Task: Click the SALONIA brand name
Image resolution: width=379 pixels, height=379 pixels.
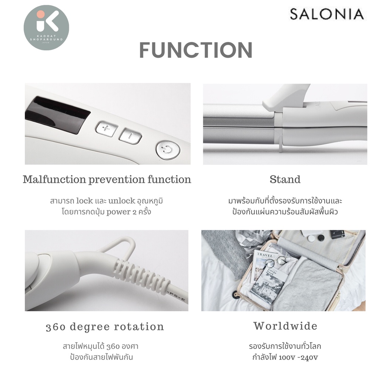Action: (327, 14)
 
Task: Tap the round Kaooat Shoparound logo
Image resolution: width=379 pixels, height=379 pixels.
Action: (46, 27)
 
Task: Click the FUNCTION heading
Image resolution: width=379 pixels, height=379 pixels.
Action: (196, 50)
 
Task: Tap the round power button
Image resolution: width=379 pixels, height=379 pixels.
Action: (168, 150)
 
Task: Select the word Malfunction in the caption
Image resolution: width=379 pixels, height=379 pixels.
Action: (54, 180)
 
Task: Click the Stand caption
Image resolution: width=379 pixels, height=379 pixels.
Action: (285, 180)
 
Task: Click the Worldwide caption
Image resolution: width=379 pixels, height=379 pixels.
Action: (285, 326)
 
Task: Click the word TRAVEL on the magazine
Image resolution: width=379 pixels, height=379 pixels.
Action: (265, 255)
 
